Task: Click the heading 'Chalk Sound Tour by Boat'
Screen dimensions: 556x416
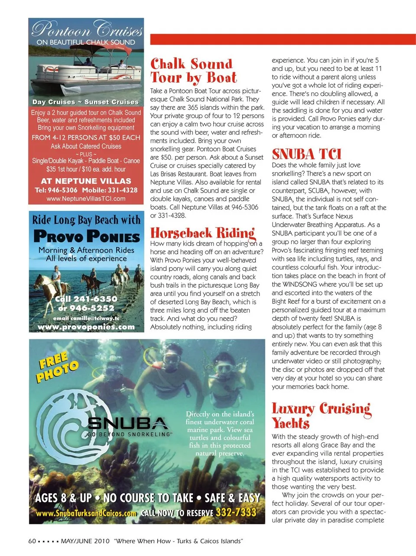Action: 193,71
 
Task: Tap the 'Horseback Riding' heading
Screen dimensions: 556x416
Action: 202,233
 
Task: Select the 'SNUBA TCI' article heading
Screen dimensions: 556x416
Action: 306,154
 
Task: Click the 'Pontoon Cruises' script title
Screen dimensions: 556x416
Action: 87,29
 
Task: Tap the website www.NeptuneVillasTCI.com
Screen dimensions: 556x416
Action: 86,199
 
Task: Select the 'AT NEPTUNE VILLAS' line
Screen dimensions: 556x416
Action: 86,181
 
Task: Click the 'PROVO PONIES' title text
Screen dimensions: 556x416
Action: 86,236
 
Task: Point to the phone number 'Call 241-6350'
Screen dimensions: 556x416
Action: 86,299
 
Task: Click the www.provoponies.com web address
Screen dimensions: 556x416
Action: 86,327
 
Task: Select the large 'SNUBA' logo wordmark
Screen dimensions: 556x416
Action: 127,423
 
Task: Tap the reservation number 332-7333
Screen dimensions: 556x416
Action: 236,513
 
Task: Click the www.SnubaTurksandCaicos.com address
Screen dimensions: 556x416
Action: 86,514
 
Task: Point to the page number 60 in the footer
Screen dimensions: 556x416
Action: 32,541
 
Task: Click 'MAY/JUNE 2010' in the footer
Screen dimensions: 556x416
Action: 85,541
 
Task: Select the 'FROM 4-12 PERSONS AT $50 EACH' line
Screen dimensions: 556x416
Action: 86,137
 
